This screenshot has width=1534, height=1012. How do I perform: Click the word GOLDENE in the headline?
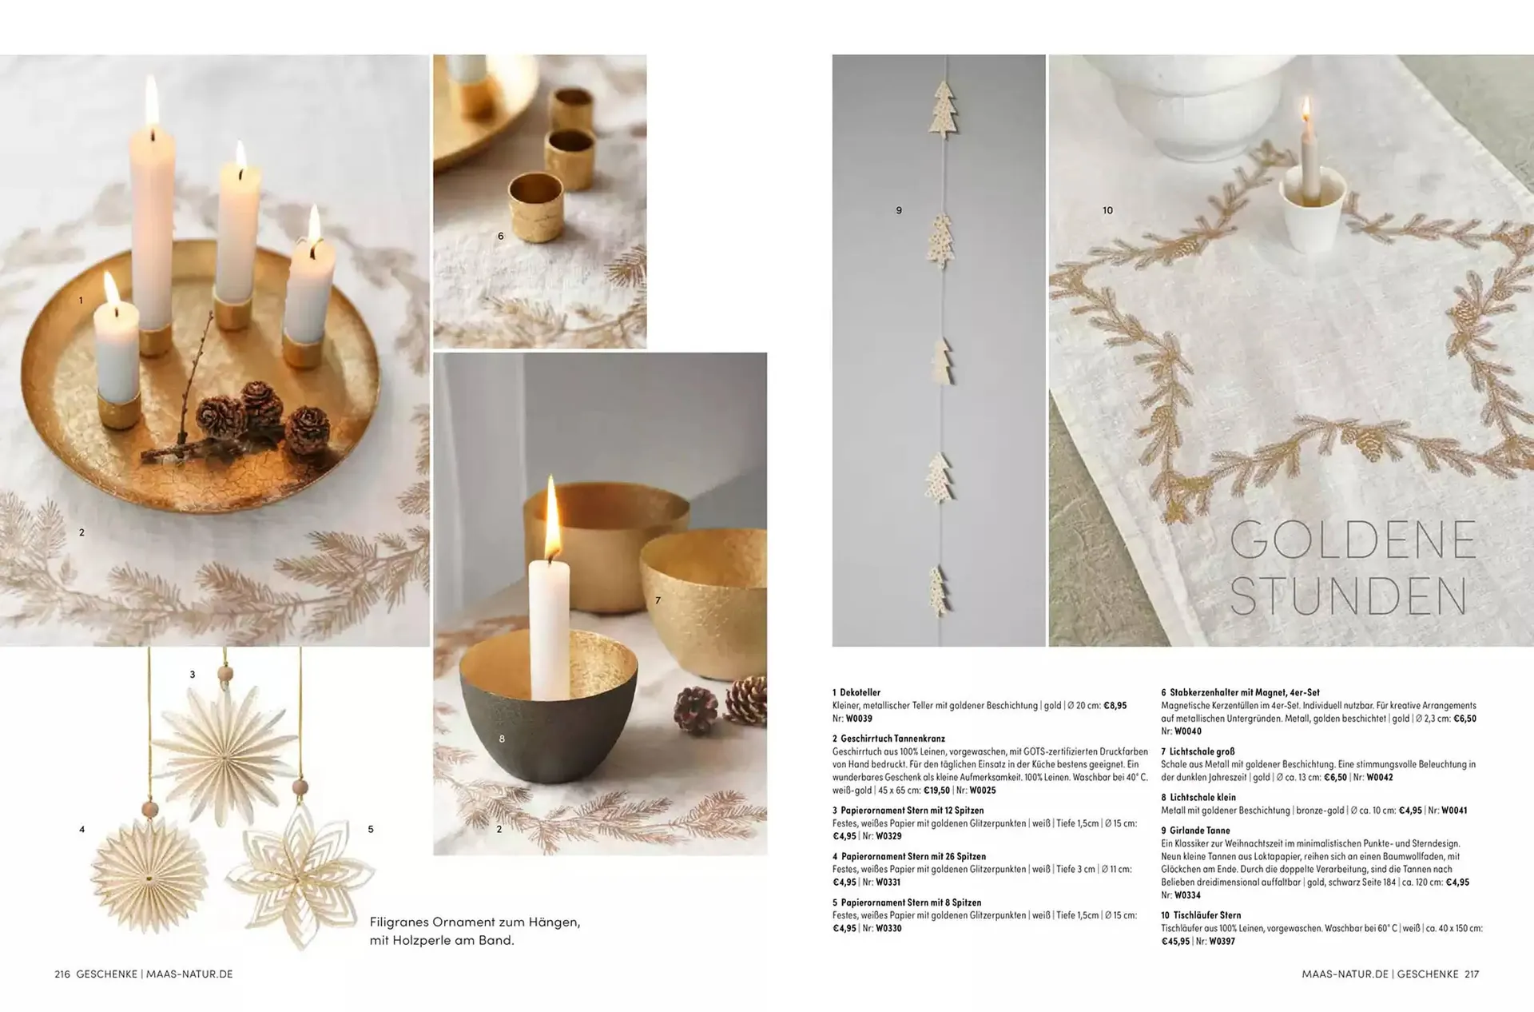point(1353,540)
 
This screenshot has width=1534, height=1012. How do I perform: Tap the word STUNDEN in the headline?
point(1349,596)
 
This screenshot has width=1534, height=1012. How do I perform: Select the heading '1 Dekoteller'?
point(856,692)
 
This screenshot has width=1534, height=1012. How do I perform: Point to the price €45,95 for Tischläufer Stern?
point(1176,942)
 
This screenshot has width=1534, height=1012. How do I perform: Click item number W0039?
point(859,719)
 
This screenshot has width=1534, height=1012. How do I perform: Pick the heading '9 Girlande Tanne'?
point(1196,831)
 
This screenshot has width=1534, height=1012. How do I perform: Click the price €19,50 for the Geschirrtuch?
point(937,791)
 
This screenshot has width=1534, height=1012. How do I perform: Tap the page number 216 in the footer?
point(62,974)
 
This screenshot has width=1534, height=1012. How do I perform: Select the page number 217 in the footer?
point(1472,974)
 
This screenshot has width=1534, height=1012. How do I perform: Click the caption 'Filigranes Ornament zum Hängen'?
point(475,922)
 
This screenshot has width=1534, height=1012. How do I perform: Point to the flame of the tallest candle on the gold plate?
point(152,100)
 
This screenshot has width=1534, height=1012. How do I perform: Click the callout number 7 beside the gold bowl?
point(658,600)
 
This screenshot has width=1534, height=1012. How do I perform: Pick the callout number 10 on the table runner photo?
point(1107,210)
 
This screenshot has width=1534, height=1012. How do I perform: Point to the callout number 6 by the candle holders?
point(501,236)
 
